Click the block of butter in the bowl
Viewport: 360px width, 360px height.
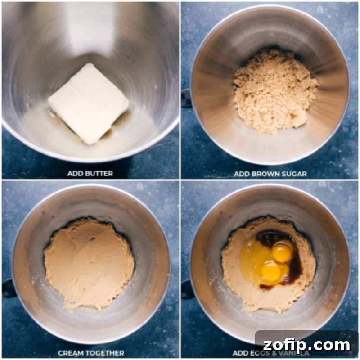click(x=89, y=103)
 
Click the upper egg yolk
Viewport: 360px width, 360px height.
click(x=282, y=252)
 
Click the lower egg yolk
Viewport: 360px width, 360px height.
click(x=271, y=271)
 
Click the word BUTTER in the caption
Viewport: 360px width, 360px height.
click(x=99, y=173)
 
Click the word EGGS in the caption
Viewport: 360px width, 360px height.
click(x=261, y=353)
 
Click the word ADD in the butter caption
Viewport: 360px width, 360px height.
click(x=76, y=173)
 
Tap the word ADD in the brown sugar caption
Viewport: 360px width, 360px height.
click(x=242, y=173)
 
